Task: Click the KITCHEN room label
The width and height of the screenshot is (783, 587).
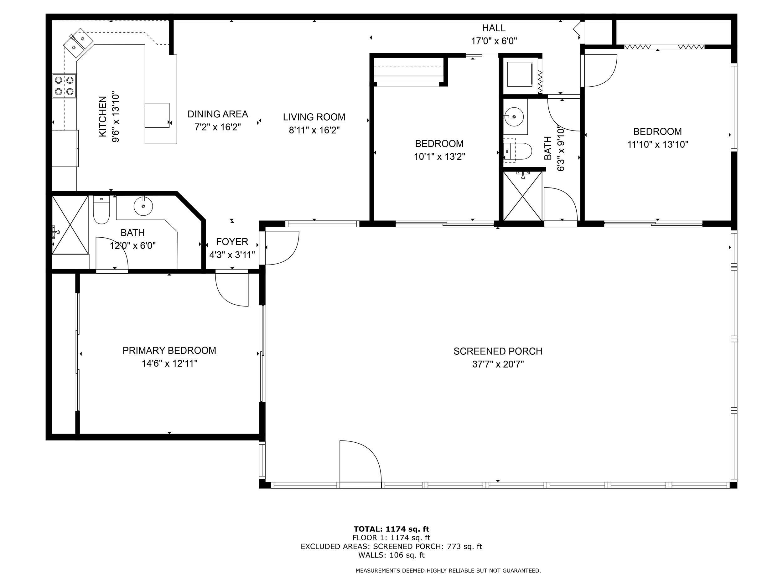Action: tap(102, 116)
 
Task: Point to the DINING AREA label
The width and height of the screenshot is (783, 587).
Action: tap(218, 114)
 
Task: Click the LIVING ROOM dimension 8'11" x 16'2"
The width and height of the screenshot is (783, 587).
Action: tap(314, 130)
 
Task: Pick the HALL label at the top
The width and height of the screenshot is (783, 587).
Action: tap(494, 28)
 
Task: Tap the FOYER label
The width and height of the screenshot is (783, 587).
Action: tap(232, 242)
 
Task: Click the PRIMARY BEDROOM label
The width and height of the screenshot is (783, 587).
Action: tap(169, 350)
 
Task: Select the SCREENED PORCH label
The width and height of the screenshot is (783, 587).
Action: tap(498, 351)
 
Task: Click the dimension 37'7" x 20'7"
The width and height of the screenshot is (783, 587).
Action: tap(498, 364)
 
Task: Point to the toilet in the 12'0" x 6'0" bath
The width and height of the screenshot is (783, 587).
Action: tap(101, 210)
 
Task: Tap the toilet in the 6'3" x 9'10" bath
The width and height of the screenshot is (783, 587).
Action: tap(517, 151)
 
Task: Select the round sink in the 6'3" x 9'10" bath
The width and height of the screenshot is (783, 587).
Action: tap(514, 116)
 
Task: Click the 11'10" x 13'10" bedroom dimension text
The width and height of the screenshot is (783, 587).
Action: tap(658, 144)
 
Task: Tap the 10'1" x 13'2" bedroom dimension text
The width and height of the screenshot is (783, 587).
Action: tap(439, 157)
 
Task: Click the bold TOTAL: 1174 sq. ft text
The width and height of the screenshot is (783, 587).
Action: tap(391, 529)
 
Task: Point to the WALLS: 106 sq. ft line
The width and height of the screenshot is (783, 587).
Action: tap(391, 555)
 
